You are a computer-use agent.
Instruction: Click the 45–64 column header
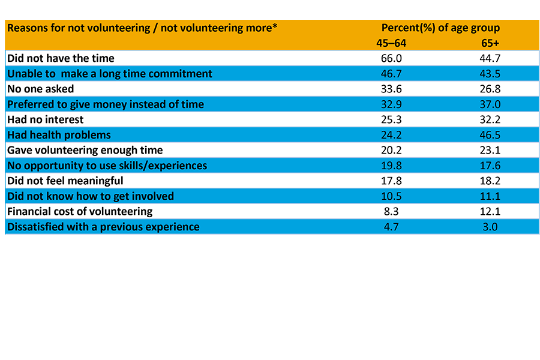390,43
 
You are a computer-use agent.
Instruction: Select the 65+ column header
490,43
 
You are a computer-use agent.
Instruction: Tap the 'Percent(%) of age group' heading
440,28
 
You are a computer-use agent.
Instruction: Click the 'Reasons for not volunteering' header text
142,28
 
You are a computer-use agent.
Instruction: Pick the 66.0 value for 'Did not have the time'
390,58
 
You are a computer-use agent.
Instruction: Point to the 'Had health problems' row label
59,135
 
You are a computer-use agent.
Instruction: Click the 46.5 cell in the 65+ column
490,135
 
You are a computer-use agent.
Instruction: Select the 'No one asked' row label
40,89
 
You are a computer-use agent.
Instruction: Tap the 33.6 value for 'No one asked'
390,89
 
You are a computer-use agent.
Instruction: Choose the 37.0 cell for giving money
490,104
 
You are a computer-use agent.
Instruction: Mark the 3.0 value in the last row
490,227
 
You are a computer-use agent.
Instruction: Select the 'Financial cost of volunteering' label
80,211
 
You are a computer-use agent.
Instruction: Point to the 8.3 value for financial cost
390,211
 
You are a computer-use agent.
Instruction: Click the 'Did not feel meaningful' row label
65,181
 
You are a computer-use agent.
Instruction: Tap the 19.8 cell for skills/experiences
390,166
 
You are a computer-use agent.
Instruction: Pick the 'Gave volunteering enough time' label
85,150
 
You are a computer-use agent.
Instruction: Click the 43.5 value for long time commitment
490,74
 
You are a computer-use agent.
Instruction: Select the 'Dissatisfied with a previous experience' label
103,227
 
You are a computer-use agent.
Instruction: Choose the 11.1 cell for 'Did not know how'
490,196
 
